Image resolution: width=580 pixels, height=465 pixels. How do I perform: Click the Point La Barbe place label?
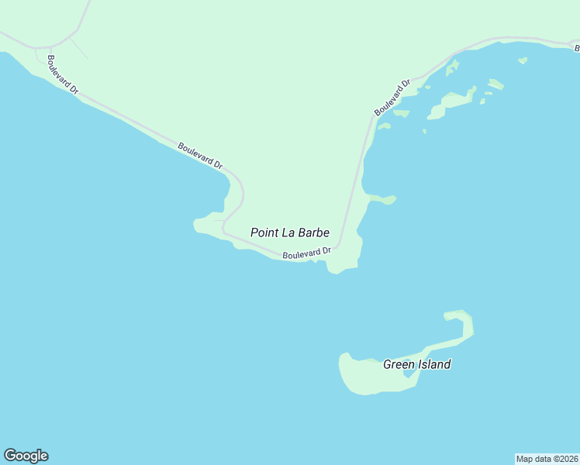[290, 232]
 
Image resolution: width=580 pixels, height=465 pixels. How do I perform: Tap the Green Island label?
[416, 364]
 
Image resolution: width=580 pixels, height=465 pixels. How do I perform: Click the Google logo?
[26, 456]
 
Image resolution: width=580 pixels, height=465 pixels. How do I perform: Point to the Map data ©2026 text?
[547, 459]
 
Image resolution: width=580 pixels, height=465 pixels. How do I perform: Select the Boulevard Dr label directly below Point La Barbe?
[307, 253]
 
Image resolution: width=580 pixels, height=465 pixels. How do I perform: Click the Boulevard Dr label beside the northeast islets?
[392, 98]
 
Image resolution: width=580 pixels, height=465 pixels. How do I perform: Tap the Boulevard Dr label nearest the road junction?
[63, 75]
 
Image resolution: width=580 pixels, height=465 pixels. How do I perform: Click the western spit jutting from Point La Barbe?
[203, 226]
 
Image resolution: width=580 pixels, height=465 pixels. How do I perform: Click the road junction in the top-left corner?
[50, 46]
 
